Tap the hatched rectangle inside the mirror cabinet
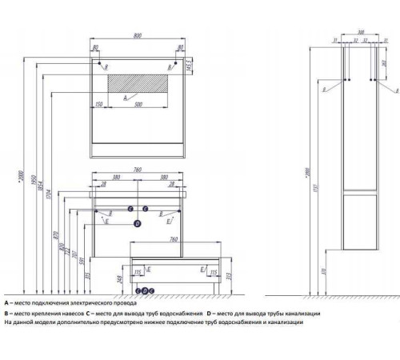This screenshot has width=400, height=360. point(138,83)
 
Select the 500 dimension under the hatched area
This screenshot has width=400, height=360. point(140,104)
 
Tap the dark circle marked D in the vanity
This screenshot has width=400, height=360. point(137,225)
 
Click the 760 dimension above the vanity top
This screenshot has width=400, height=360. point(138,170)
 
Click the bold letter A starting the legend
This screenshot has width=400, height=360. point(6,304)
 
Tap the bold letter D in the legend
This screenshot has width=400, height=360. point(209,313)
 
